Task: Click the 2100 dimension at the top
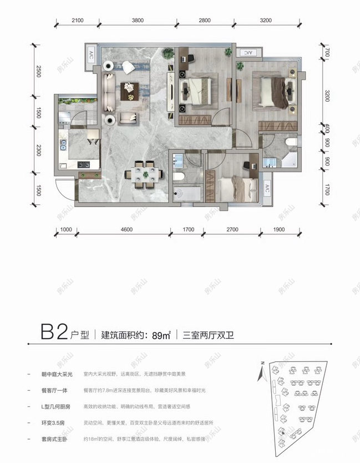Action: click(77, 21)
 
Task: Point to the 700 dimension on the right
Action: click(328, 53)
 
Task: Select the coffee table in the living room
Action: click(131, 89)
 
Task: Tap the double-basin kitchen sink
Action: click(63, 146)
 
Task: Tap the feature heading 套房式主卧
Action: click(54, 439)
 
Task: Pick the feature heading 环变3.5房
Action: click(53, 422)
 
